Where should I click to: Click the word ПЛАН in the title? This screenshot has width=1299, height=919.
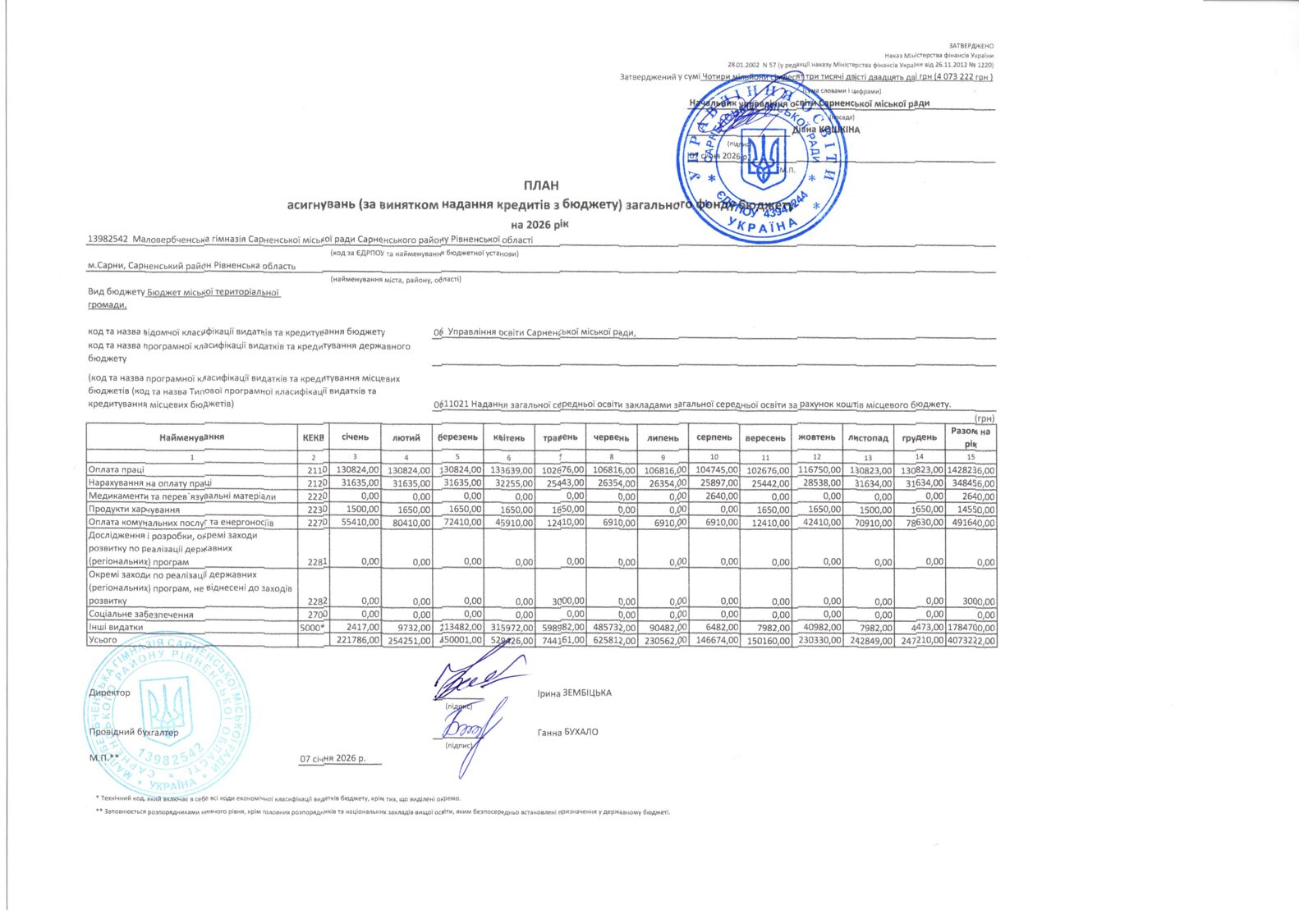[540, 185]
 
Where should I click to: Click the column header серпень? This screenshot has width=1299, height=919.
[714, 437]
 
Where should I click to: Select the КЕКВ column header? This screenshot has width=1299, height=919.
[314, 437]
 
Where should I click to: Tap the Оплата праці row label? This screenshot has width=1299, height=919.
[117, 470]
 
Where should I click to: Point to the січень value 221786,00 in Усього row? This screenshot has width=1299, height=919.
[353, 640]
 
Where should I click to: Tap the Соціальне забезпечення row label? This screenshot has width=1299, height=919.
[141, 614]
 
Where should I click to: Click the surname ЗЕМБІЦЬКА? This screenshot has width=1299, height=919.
[586, 693]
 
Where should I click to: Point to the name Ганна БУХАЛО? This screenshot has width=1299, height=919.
[567, 732]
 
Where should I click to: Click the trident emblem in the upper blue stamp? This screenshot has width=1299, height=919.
[764, 159]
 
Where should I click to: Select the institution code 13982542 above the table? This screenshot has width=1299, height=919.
[108, 240]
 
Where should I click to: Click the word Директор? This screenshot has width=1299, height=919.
[109, 693]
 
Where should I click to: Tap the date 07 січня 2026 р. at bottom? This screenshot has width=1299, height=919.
[333, 759]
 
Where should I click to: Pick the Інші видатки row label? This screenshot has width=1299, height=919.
[116, 627]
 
